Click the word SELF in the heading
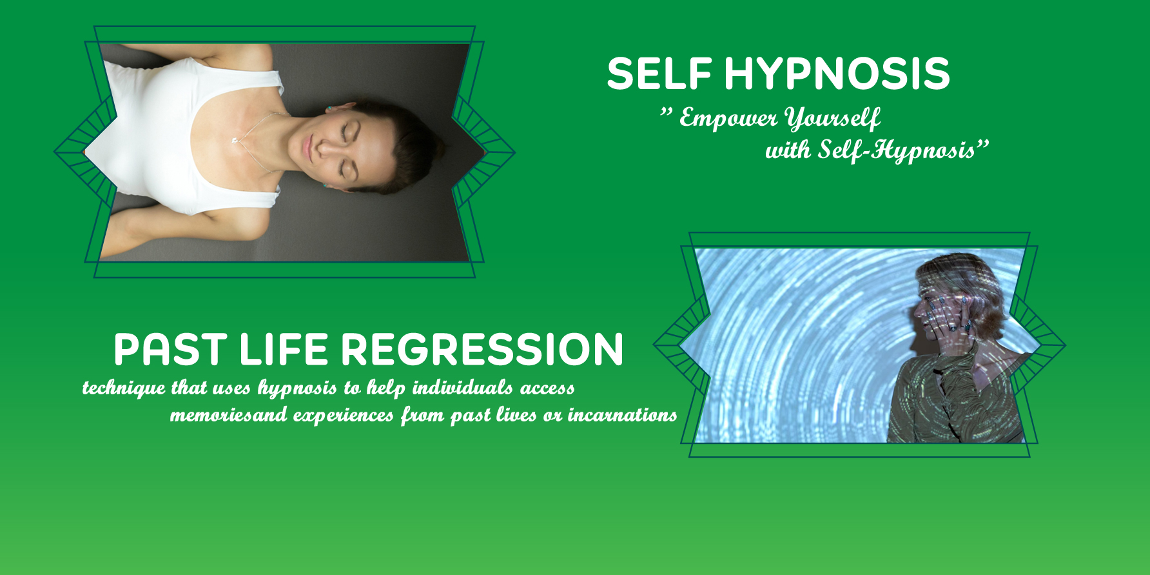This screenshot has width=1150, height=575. (x=659, y=73)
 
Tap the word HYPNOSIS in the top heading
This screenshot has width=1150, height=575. (x=837, y=73)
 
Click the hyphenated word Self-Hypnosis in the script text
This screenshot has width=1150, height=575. (x=896, y=150)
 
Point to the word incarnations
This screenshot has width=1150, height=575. (x=622, y=414)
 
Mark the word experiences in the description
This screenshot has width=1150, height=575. (x=343, y=416)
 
